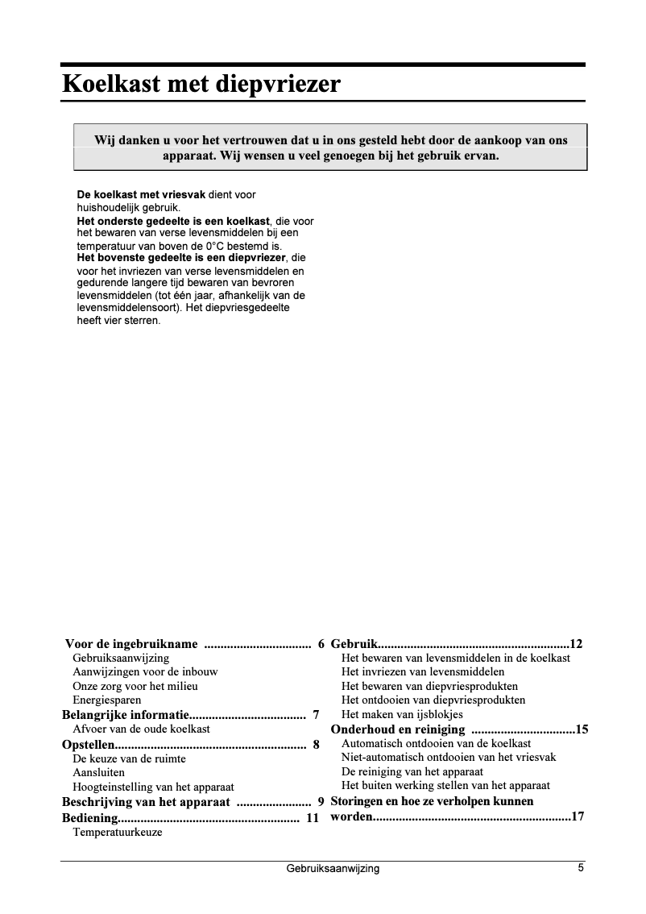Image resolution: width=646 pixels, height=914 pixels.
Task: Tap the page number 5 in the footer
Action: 580,868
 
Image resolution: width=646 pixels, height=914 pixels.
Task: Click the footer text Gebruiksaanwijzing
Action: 332,869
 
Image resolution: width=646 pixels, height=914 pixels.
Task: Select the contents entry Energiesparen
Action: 106,700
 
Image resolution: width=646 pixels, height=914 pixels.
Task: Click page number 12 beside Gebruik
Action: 576,644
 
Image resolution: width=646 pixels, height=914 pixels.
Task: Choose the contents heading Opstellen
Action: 89,745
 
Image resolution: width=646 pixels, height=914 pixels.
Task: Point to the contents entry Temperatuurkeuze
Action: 117,832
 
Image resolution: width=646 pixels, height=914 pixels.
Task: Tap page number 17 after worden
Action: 577,816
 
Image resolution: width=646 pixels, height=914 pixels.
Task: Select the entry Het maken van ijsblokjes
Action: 402,714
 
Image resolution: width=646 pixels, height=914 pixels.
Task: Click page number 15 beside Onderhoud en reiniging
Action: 582,729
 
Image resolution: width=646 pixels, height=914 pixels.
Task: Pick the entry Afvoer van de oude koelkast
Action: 141,729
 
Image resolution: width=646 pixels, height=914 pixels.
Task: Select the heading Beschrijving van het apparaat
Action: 146,802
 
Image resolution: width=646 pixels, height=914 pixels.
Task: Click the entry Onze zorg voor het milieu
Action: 135,686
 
